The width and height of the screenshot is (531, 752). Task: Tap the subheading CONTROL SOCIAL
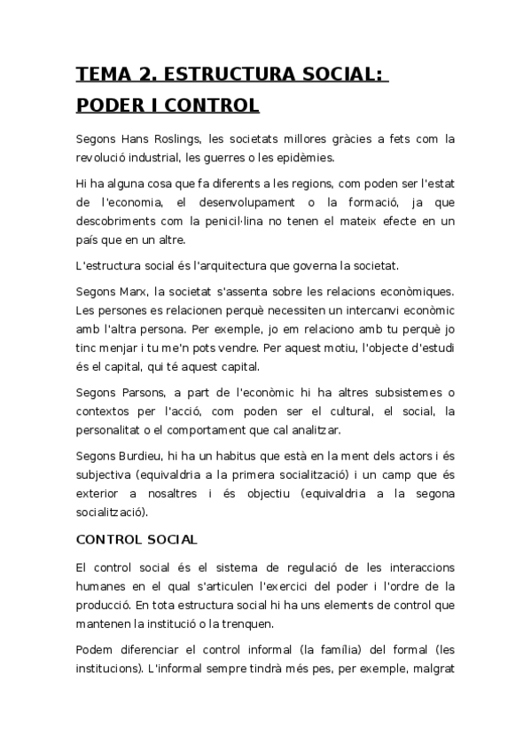[x=137, y=538]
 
